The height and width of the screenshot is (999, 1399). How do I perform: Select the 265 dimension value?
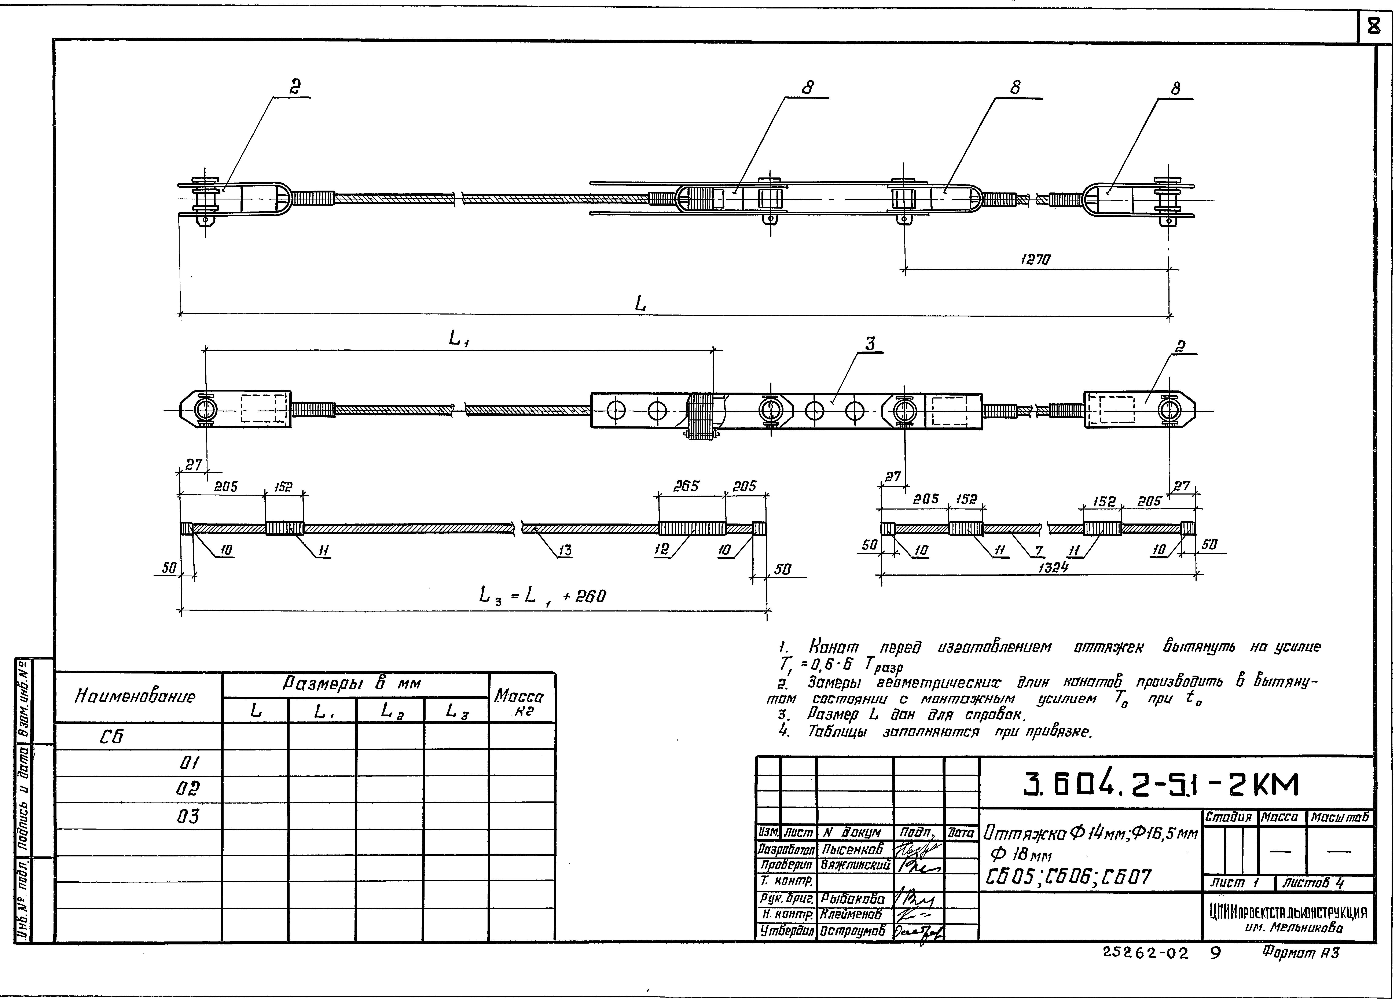coord(685,486)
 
